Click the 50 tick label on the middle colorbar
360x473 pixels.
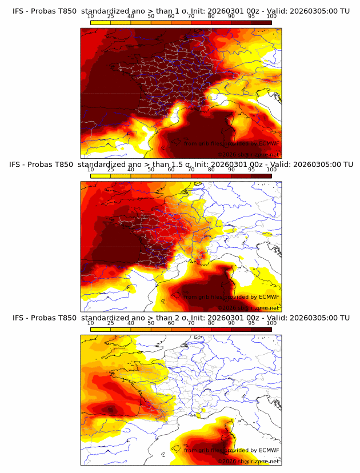(151, 170)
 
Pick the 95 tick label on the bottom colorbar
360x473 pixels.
(251, 323)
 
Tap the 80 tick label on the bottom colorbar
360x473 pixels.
(211, 323)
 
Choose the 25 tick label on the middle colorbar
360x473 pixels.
(110, 170)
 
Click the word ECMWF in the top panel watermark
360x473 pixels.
(267, 144)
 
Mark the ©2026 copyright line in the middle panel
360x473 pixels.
(249, 307)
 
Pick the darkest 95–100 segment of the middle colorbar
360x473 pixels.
(261, 175)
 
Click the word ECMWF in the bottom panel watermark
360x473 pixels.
(267, 450)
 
